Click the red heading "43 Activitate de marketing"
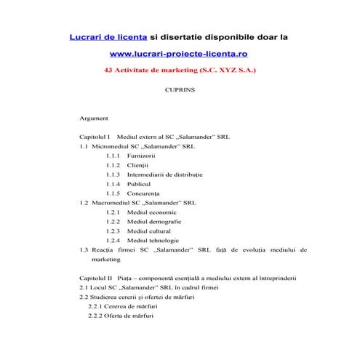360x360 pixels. (156, 71)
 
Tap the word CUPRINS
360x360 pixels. (179, 92)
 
